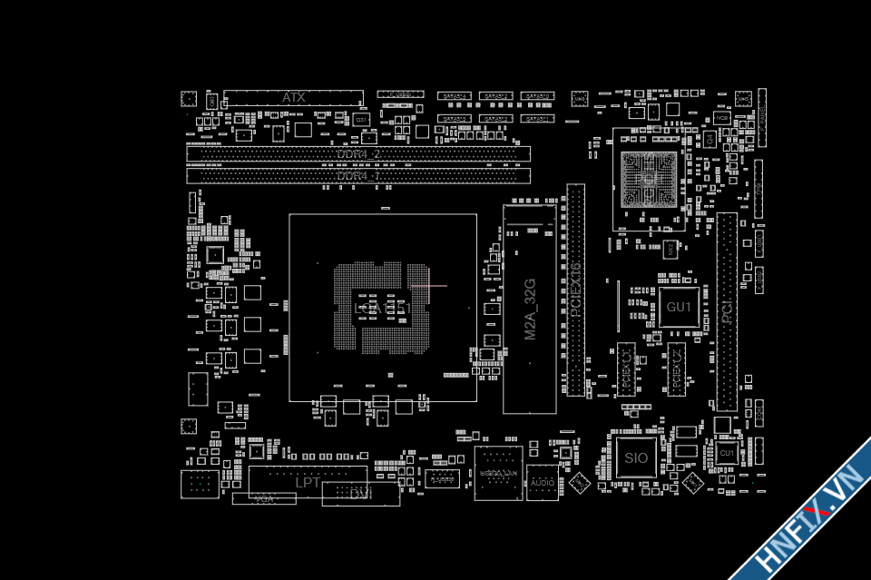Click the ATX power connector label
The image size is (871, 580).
coord(293,97)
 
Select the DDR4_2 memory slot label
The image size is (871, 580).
coord(358,154)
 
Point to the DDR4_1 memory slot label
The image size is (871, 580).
coord(358,175)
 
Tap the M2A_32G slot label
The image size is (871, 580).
coord(531,310)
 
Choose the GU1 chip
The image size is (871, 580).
coord(679,308)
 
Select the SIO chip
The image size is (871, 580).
coord(636,457)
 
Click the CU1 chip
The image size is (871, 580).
coord(727,452)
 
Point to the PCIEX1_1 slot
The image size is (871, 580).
coord(628,369)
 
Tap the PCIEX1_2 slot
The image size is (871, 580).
coord(676,369)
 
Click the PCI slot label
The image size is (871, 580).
coord(727,313)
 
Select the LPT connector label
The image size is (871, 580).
coord(308,482)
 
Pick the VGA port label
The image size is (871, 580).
coord(264,498)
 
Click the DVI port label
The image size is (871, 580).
coord(361,493)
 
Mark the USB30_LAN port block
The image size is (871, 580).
coord(498,474)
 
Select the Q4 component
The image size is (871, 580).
coord(710,139)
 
